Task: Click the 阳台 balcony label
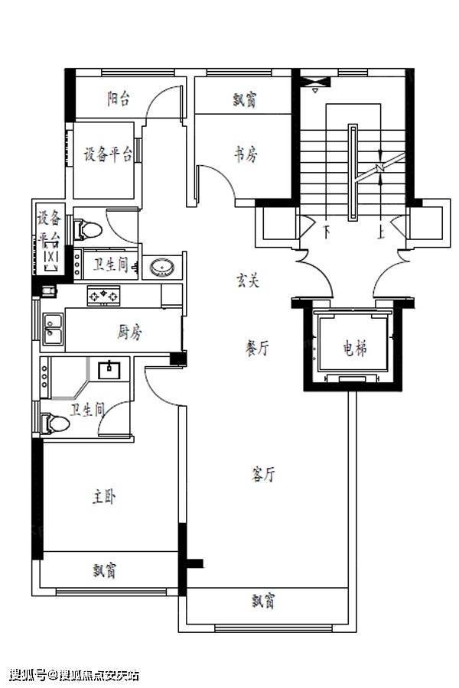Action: [119, 99]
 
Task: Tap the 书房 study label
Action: [246, 154]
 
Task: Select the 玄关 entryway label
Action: [248, 280]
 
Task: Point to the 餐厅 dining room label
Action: [256, 348]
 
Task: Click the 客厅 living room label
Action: [263, 474]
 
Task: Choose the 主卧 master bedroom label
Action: [104, 497]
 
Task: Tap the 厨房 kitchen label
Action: [129, 333]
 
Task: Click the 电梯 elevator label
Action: [355, 349]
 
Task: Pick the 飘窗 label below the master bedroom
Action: [105, 571]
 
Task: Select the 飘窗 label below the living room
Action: [263, 601]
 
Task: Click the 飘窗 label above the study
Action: [245, 100]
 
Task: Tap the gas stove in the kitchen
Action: [103, 295]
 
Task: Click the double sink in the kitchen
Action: [53, 329]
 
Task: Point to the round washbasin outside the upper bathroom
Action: [161, 268]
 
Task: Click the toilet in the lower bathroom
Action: [55, 424]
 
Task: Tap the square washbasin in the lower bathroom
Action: [109, 369]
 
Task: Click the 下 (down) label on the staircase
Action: [327, 231]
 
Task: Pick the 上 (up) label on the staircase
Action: [380, 231]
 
